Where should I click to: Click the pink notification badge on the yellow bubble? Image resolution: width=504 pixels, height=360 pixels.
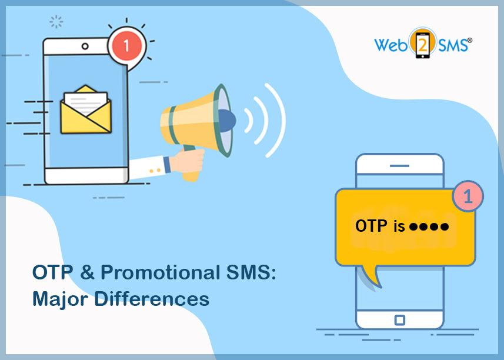click(x=468, y=197)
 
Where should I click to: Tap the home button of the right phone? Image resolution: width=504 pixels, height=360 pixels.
click(x=399, y=320)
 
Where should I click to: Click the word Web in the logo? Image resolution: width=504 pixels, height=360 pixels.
click(x=391, y=45)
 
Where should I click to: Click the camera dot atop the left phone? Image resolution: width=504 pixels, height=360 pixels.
click(x=85, y=46)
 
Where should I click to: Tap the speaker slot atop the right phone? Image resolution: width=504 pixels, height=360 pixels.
click(x=399, y=166)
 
